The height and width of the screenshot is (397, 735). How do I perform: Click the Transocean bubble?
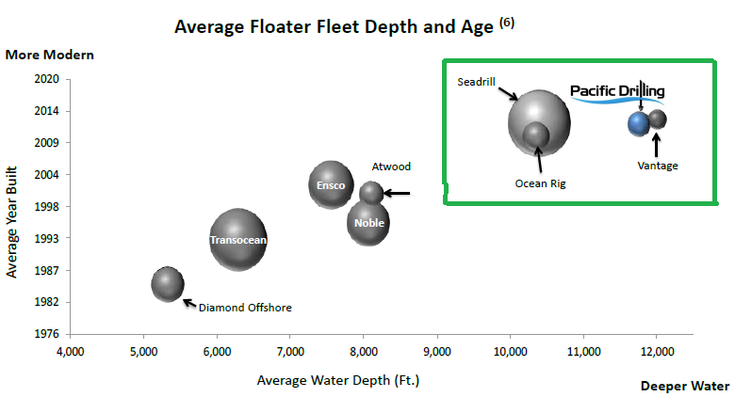(x=238, y=239)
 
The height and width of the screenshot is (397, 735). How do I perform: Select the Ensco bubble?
(x=331, y=184)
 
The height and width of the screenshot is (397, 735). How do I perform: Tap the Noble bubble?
(x=368, y=223)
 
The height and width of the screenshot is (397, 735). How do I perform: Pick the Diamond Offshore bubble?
(x=168, y=284)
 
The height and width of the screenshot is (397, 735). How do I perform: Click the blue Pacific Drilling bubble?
(x=639, y=122)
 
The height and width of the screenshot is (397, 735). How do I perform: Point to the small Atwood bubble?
(x=371, y=193)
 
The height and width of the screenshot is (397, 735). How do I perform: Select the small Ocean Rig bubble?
(x=536, y=135)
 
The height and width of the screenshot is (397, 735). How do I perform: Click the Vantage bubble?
(x=657, y=119)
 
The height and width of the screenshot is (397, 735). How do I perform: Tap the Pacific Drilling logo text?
(x=617, y=91)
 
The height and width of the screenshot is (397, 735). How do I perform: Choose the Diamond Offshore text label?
(x=245, y=308)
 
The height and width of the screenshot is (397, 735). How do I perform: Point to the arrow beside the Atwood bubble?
(x=398, y=194)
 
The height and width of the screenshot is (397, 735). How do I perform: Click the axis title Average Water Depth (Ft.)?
(x=337, y=381)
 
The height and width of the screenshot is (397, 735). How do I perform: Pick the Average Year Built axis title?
(x=13, y=230)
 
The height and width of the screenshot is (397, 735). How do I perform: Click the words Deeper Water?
(x=684, y=386)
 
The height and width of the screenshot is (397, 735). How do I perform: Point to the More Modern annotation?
(x=50, y=54)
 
